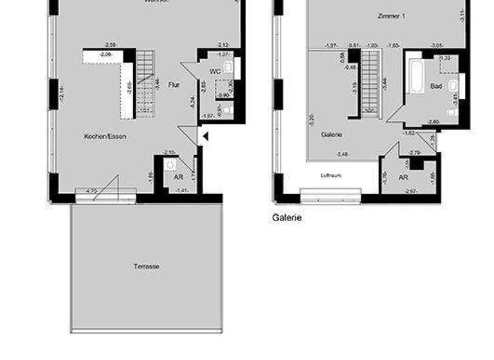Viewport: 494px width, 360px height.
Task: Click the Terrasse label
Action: click(147, 266)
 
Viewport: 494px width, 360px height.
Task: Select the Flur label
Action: click(174, 84)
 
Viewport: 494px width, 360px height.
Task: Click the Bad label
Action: click(435, 85)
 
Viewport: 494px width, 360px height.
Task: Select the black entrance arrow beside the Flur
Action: click(205, 136)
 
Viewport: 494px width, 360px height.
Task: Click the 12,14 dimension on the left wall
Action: click(62, 93)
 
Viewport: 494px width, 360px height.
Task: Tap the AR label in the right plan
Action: click(404, 177)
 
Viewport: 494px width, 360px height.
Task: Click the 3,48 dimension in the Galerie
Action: click(343, 154)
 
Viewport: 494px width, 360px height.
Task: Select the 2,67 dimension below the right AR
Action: click(410, 191)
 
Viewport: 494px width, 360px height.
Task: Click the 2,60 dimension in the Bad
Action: click(433, 121)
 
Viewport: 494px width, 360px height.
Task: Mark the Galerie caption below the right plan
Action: click(287, 218)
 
